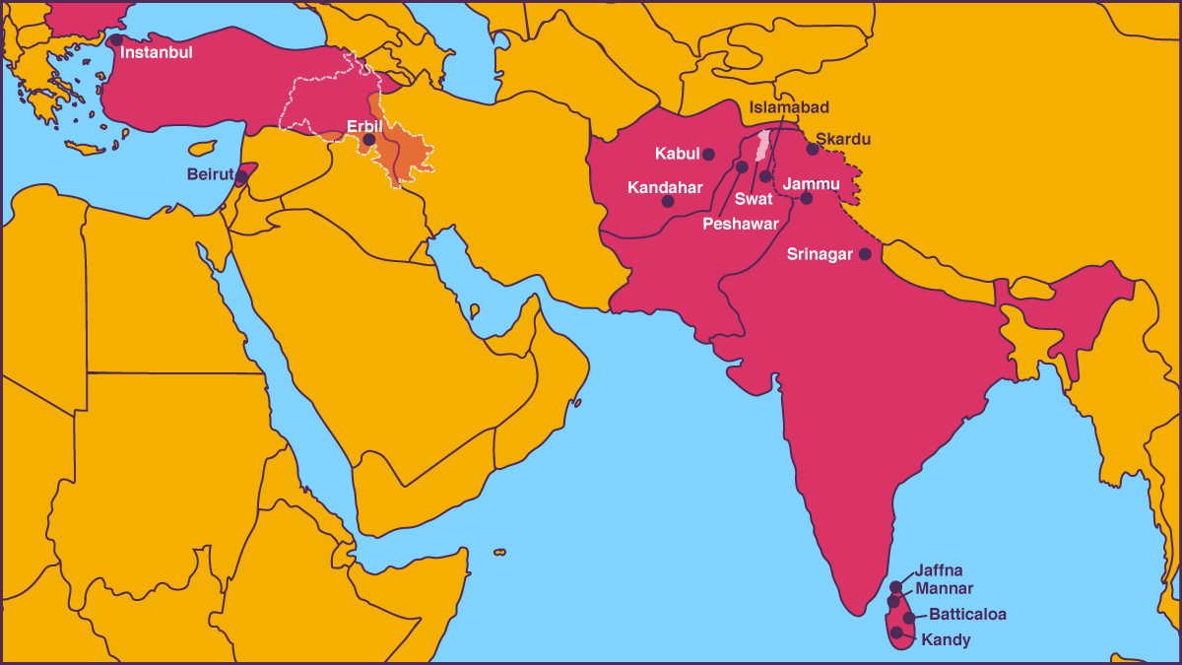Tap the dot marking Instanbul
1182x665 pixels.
tap(116, 40)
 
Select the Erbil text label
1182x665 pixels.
tap(363, 125)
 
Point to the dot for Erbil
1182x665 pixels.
tap(368, 140)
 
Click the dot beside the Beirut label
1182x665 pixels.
tap(241, 177)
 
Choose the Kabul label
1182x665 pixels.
tap(677, 154)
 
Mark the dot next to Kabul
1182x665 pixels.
tap(708, 154)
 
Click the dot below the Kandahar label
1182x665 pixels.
tap(668, 201)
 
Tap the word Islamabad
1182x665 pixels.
tap(789, 107)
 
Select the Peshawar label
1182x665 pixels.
tap(740, 224)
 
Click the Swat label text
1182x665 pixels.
tap(754, 199)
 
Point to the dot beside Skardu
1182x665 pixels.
tap(813, 149)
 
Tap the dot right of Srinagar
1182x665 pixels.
tap(865, 254)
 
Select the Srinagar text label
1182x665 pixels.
tap(820, 254)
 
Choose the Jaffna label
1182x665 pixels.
tap(938, 570)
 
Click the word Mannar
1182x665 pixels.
tap(944, 589)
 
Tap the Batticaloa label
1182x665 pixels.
tap(967, 615)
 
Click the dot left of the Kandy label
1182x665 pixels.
tap(896, 632)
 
